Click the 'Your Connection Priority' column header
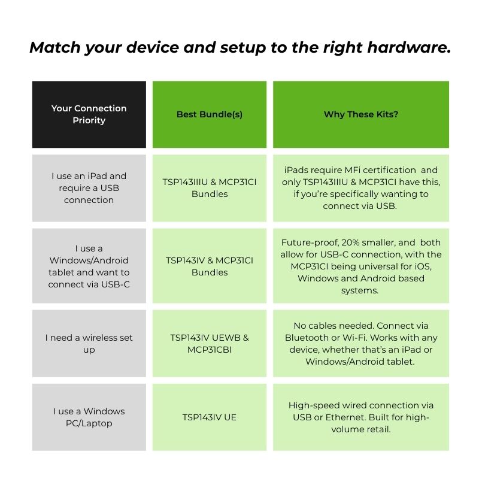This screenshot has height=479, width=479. [89, 114]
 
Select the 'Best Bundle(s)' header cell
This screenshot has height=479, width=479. [209, 114]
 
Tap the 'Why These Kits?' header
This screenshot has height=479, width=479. [360, 114]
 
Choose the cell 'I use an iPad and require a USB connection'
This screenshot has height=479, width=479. [89, 188]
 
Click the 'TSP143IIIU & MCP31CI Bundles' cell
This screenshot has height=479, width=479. [209, 188]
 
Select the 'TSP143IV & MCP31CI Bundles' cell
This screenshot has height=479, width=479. [209, 266]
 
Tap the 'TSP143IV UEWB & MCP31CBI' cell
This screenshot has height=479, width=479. [209, 343]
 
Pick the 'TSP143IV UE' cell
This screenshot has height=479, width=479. [209, 417]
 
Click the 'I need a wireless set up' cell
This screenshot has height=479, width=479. [89, 343]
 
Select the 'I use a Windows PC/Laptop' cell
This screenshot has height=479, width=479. [89, 417]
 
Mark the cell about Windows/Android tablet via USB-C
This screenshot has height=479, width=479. [89, 266]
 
